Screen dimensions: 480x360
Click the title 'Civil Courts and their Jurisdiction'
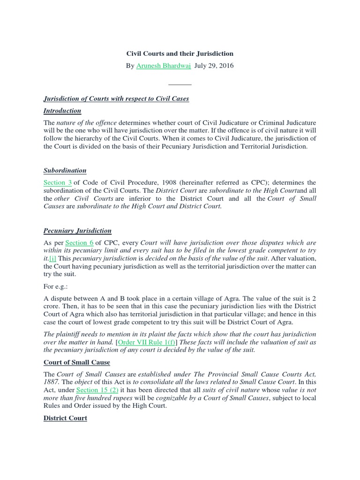click(180, 53)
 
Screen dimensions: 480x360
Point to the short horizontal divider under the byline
click(180, 84)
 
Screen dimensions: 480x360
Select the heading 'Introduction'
click(62, 111)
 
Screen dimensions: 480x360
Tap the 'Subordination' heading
click(65, 170)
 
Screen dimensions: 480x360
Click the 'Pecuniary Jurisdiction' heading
click(77, 231)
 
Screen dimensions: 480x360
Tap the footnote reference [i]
click(52, 258)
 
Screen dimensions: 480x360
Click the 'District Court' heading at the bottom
click(65, 418)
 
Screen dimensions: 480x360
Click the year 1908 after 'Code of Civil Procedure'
click(167, 182)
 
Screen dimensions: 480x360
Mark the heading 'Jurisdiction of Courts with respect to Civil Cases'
click(116, 98)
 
